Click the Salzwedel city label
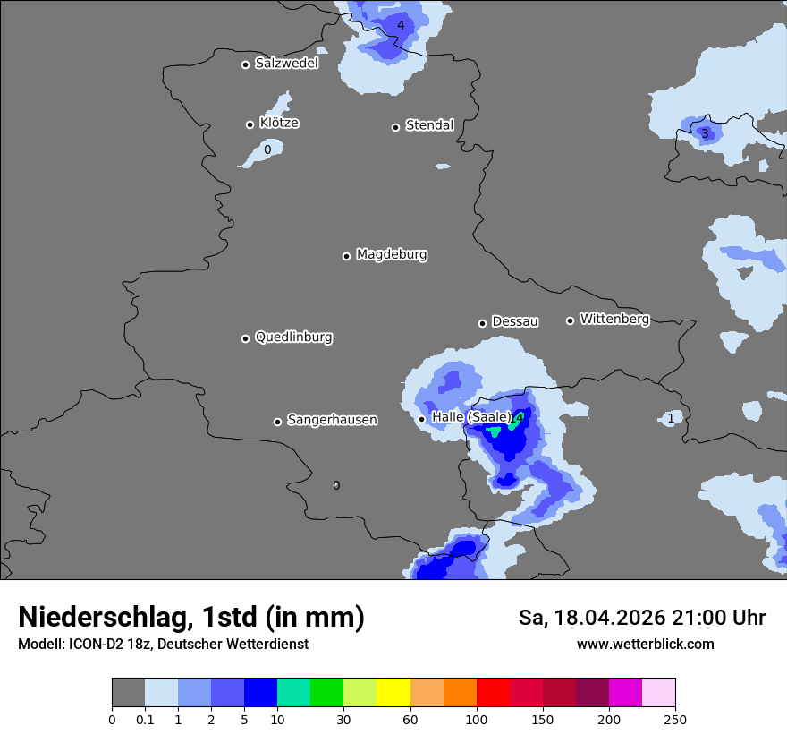click(x=286, y=64)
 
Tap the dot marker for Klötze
click(x=250, y=124)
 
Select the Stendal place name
click(x=429, y=125)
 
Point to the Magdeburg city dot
click(x=347, y=256)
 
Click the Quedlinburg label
click(x=293, y=337)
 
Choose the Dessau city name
click(x=515, y=321)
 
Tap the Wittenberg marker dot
click(x=570, y=320)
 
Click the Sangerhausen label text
click(x=332, y=420)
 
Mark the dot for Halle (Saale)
click(x=422, y=419)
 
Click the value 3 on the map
click(x=705, y=134)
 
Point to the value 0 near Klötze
click(x=267, y=149)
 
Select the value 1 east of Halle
click(x=671, y=418)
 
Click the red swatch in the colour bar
click(x=493, y=693)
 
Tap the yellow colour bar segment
click(x=393, y=693)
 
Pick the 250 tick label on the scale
click(x=675, y=719)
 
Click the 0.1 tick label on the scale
click(x=144, y=719)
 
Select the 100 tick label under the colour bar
click(x=477, y=719)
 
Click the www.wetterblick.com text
click(x=645, y=645)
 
